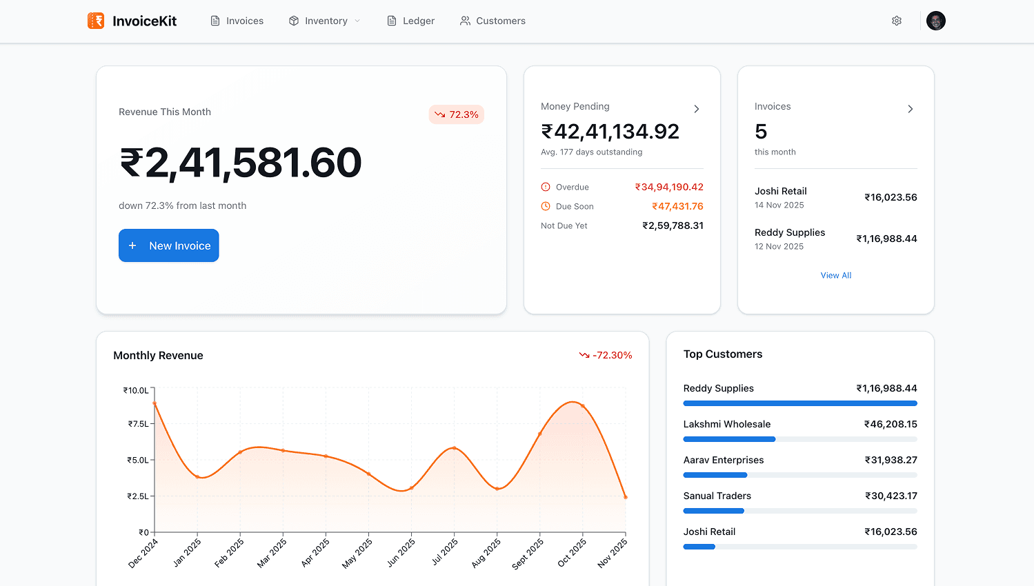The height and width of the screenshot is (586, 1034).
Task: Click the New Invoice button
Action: coord(168,245)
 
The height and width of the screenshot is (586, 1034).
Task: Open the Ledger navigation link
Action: coord(411,21)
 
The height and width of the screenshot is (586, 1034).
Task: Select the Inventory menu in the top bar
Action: coord(324,21)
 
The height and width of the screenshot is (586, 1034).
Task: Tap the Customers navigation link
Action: coord(493,21)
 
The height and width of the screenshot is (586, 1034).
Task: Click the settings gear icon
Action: coord(897,21)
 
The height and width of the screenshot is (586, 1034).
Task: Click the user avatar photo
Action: coord(935,21)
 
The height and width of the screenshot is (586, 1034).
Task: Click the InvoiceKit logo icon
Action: coord(96,21)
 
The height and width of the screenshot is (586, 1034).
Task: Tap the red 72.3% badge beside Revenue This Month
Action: coord(457,114)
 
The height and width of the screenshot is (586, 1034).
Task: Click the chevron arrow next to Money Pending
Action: coord(697,109)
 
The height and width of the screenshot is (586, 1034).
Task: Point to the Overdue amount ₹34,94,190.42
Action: coord(669,187)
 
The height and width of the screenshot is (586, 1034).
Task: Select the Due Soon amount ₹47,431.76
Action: coord(677,206)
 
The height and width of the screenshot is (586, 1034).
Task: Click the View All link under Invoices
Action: coord(836,275)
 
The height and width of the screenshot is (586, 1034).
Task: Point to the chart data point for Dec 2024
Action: coord(155,403)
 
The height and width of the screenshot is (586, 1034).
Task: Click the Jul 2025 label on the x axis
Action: coord(445,552)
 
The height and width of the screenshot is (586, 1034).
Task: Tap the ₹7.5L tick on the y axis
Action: coord(138,424)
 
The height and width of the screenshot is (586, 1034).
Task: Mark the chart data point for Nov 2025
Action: coord(626,497)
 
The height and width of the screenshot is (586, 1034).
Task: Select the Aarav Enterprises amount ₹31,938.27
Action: coord(891,460)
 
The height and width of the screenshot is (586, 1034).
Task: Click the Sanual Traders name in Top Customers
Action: coord(717,496)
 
